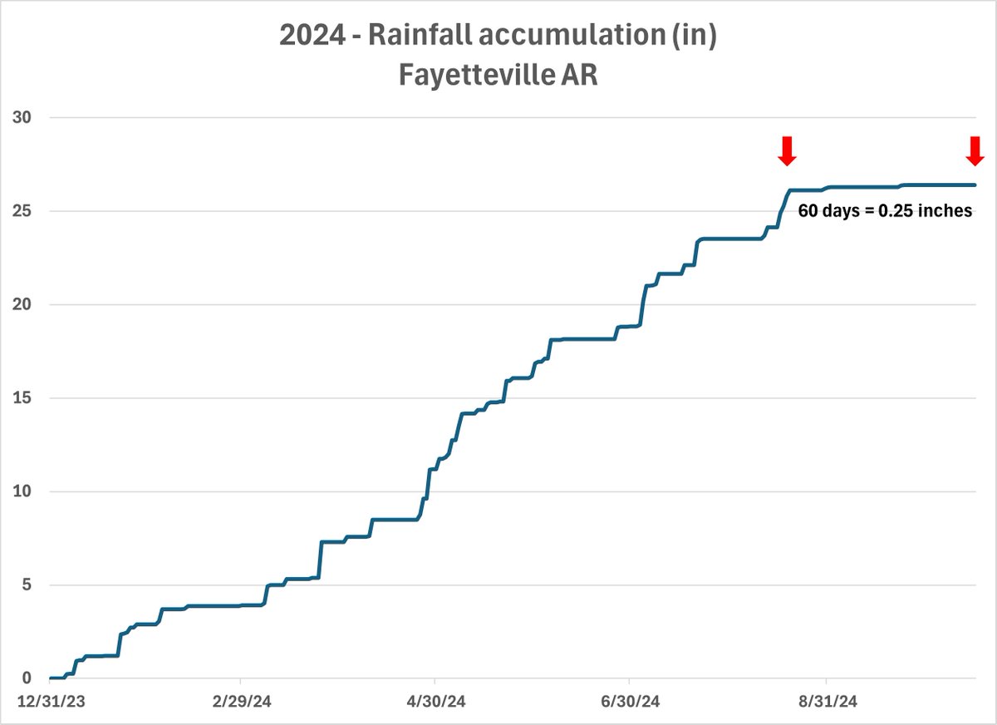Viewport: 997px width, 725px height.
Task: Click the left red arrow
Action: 787,150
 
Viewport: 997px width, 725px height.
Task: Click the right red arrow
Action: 975,150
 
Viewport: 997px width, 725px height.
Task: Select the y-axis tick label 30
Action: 22,117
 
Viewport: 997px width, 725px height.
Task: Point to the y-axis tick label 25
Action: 22,211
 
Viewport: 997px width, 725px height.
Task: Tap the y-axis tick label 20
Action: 22,304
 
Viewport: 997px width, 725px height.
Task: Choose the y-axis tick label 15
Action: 22,398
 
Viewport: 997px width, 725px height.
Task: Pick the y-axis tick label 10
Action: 22,491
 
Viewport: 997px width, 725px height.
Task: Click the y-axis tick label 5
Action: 26,584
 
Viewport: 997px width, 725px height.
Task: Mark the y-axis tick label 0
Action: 26,678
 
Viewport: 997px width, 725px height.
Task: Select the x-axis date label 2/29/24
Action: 240,702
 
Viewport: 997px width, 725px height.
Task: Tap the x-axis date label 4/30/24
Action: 435,702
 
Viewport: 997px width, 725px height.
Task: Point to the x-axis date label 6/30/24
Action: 631,702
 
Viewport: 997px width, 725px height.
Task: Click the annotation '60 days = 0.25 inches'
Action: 885,211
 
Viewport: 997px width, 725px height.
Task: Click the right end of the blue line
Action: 974,185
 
